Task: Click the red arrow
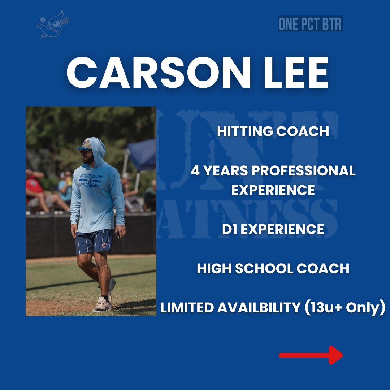click(311, 355)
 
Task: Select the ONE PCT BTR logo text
click(310, 24)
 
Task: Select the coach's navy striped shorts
click(94, 241)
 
